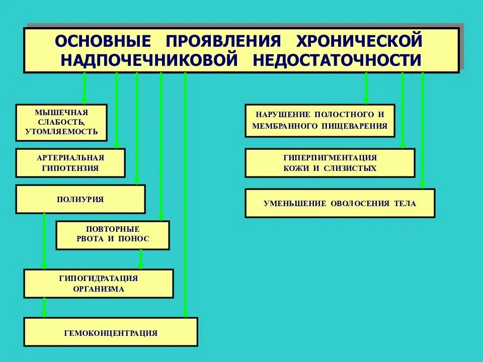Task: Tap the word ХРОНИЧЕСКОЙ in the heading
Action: tap(358, 40)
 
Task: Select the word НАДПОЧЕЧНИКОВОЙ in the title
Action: tap(149, 60)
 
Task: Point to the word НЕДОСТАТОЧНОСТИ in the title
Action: tap(337, 60)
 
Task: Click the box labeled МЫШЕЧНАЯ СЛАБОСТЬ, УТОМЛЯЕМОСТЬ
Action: tap(61, 122)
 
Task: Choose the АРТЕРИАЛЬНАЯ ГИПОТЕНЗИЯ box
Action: tap(70, 163)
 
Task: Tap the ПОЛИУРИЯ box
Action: tap(80, 199)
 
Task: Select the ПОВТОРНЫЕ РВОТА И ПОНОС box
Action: tap(113, 235)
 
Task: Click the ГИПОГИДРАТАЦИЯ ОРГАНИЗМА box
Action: tap(99, 284)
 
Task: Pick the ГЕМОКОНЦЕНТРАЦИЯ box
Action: tap(111, 332)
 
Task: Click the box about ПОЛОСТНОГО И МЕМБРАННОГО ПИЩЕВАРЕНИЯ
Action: tap(320, 121)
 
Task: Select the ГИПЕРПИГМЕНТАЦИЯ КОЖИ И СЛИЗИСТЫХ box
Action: tap(330, 163)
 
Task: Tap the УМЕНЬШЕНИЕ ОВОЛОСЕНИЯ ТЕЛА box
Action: tap(340, 203)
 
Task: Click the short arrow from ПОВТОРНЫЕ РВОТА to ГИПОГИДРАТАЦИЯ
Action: tap(141, 259)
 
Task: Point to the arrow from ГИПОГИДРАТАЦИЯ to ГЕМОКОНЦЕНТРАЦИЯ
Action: tap(44, 308)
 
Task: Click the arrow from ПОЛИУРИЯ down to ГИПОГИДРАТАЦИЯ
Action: tap(44, 241)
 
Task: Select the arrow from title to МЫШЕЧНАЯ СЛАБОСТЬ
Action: tap(85, 88)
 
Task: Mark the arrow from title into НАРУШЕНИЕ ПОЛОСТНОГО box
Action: tap(366, 88)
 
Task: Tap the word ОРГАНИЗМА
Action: tap(99, 289)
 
